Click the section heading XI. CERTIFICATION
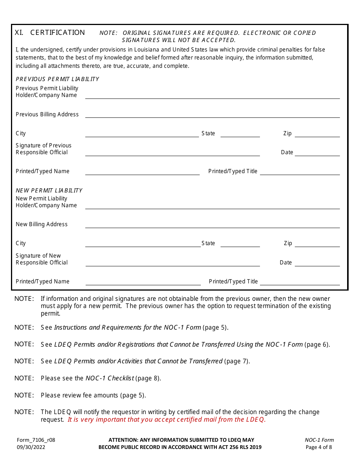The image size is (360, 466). click(x=50, y=33)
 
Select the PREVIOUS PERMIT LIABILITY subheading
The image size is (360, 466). click(x=57, y=79)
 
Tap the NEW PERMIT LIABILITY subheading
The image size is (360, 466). click(x=49, y=191)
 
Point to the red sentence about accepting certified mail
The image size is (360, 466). click(x=167, y=419)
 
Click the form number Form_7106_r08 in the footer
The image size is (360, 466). click(x=36, y=440)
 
